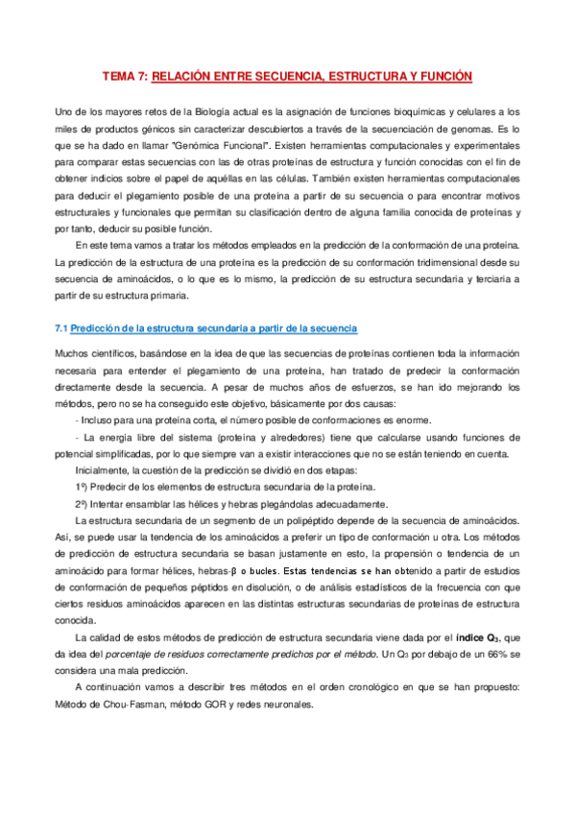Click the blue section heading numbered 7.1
[x=206, y=329]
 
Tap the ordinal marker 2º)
[x=84, y=505]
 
